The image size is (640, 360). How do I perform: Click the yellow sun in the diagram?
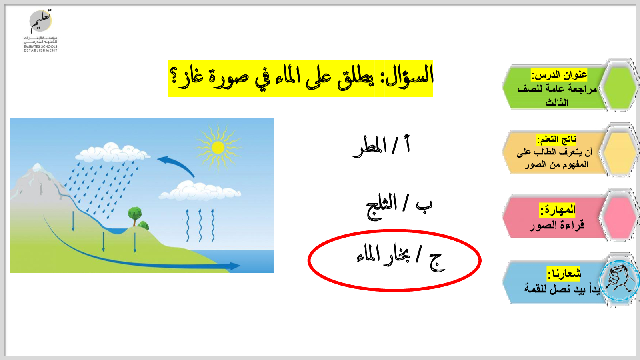click(218, 148)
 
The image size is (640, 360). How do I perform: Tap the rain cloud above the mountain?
click(112, 152)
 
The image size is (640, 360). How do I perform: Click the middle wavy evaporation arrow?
click(200, 225)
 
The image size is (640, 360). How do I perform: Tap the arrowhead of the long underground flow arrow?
click(235, 266)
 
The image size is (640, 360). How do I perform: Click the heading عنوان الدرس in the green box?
click(559, 75)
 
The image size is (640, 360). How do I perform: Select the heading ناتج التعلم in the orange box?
click(556, 139)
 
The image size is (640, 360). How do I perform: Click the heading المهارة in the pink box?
click(558, 210)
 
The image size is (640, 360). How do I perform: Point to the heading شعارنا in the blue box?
click(564, 274)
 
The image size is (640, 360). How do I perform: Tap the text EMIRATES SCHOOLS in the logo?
click(40, 46)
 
